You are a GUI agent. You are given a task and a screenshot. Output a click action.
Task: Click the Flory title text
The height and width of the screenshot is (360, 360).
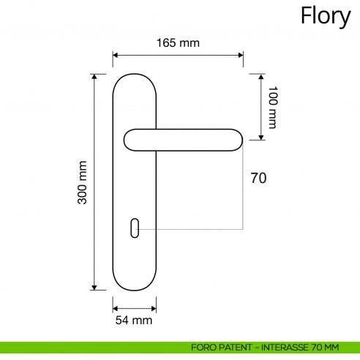click(326, 16)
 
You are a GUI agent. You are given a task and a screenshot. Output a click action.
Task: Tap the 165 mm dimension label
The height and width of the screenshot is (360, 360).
click(178, 42)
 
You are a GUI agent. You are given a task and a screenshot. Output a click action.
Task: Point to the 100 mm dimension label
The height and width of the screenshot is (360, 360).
click(273, 107)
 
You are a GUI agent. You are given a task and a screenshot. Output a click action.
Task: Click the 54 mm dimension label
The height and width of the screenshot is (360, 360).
click(134, 320)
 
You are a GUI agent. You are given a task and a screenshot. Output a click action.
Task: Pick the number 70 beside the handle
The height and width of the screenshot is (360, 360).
click(258, 178)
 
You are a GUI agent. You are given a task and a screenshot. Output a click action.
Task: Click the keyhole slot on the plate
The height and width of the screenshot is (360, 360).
click(135, 228)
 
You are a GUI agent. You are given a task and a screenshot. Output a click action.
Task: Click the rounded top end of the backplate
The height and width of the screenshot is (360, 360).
click(135, 77)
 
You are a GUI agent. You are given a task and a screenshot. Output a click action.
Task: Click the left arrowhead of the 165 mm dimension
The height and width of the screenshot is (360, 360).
click(116, 54)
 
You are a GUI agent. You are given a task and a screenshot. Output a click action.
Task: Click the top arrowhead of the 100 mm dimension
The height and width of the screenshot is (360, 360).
click(260, 76)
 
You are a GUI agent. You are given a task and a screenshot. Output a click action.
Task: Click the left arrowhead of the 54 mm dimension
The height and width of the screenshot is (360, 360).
click(116, 308)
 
